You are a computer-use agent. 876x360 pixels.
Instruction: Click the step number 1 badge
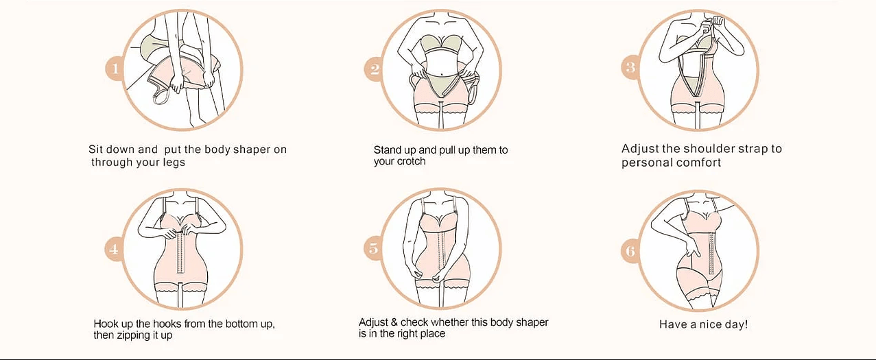click(x=115, y=68)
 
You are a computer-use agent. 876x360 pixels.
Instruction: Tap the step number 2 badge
click(x=375, y=69)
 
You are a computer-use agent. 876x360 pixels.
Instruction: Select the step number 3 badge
click(x=630, y=67)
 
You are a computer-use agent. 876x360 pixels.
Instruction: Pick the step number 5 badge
click(x=373, y=248)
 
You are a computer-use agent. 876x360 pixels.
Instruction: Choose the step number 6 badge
click(x=630, y=250)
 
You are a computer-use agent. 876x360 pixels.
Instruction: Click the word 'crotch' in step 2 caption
click(x=411, y=162)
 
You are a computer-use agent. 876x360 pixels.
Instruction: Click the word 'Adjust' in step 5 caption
click(x=374, y=322)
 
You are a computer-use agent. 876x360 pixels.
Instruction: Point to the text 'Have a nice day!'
click(x=703, y=324)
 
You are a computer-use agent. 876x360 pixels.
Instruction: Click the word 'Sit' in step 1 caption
click(x=96, y=149)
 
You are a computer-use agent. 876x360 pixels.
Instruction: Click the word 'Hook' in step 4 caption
click(x=106, y=324)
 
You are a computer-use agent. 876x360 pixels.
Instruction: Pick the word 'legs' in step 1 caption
click(x=174, y=163)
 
